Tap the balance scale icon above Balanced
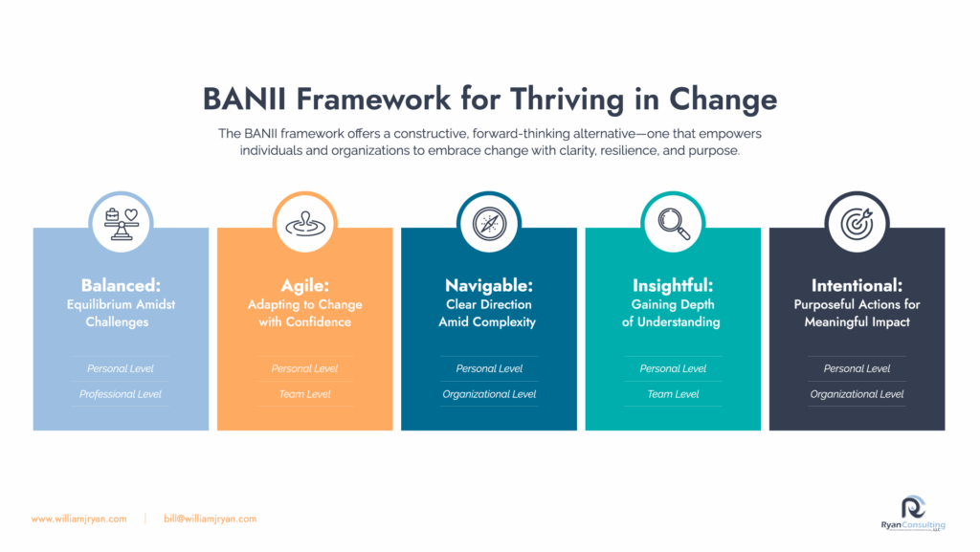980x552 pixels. pos(122,224)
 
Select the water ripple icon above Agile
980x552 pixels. pos(305,224)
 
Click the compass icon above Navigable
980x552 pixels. pos(489,224)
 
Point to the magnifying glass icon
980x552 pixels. pos(674,224)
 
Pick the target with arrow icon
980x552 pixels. pos(857,224)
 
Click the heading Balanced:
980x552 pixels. pos(121,285)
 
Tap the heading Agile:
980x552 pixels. pos(305,285)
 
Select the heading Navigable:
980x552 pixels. pos(489,285)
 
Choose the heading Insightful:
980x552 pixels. pos(673,285)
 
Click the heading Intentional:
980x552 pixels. pos(857,285)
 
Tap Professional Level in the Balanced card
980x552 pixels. pos(120,394)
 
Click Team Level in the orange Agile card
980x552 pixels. pos(305,394)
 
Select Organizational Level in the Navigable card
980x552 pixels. pos(489,394)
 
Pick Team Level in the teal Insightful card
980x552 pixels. pos(673,394)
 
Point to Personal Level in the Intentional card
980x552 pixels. pos(857,368)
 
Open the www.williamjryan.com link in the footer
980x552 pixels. pos(78,519)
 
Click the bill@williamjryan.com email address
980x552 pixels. pos(210,519)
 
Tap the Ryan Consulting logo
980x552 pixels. pos(913,514)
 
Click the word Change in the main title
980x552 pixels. pos(724,99)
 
